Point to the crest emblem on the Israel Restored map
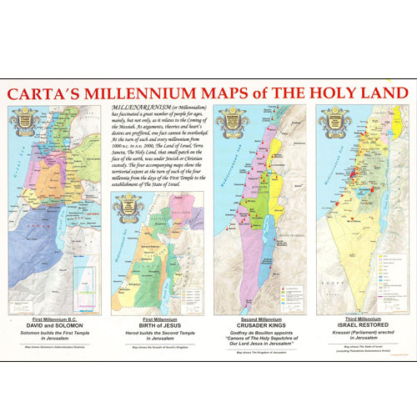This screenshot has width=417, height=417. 333,122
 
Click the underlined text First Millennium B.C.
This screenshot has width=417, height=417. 55,319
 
